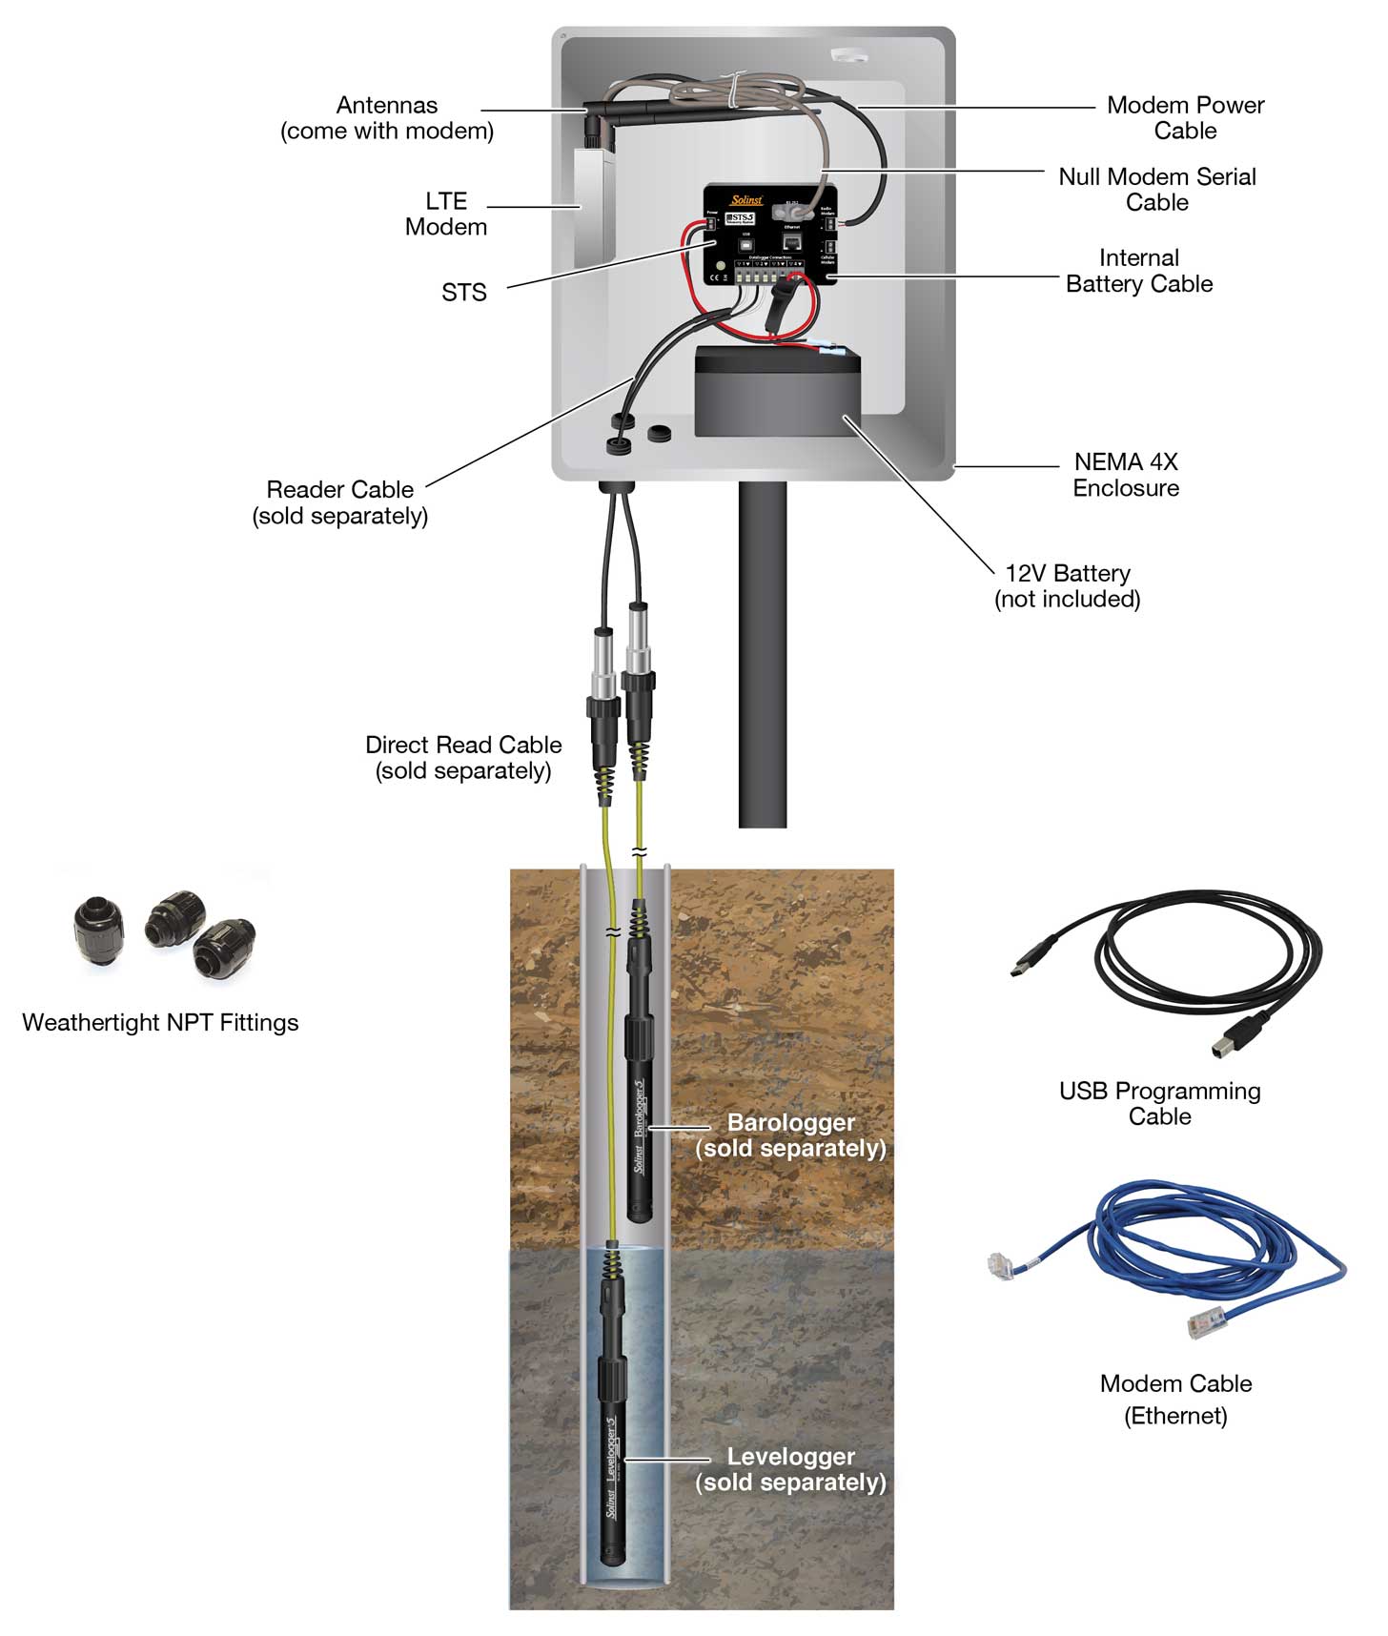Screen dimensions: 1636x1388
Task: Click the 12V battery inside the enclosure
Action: click(x=777, y=393)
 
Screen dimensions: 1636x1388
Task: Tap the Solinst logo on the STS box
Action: click(x=746, y=200)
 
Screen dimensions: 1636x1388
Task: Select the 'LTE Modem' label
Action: click(x=445, y=214)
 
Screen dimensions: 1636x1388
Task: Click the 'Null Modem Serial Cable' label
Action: click(x=1156, y=189)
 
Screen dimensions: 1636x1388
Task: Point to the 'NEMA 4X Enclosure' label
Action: click(x=1125, y=475)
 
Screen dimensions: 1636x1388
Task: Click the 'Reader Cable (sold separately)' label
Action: click(x=339, y=502)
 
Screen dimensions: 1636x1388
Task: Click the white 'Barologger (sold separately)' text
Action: click(x=790, y=1135)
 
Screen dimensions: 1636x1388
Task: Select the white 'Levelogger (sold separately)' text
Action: click(x=790, y=1469)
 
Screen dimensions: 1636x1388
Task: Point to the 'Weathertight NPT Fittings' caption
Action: click(x=160, y=1022)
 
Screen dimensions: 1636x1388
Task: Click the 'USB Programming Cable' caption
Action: click(x=1159, y=1103)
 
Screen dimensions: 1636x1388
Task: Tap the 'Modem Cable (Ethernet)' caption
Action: click(x=1175, y=1399)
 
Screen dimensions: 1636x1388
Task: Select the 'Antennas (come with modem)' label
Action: click(x=387, y=118)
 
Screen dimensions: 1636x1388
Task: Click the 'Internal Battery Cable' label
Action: click(x=1138, y=271)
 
